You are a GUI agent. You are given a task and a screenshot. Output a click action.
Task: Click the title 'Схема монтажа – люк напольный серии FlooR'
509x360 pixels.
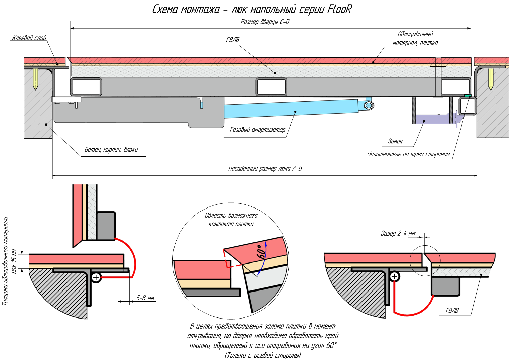[251, 9]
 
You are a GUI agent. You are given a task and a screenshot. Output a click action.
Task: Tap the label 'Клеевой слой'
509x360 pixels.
[29, 38]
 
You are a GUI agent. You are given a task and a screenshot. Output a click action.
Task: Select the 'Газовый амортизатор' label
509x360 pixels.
[257, 130]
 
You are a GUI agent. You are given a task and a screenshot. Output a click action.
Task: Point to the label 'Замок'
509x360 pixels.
[395, 141]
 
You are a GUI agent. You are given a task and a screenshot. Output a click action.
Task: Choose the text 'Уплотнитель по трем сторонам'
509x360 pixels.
[408, 154]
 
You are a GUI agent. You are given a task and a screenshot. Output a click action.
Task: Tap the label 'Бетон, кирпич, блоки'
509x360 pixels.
[111, 150]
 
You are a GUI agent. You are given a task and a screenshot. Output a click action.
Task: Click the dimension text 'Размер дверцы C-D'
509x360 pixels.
[265, 22]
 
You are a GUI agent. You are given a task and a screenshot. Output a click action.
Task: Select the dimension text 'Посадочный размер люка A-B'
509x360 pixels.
[265, 168]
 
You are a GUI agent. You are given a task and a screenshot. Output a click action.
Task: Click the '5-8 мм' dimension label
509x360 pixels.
[145, 298]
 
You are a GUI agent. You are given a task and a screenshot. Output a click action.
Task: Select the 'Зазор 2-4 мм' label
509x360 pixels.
[398, 233]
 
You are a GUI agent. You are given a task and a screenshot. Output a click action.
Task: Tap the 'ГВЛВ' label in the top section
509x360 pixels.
[233, 40]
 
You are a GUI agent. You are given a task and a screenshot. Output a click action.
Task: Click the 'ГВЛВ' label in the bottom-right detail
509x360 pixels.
[452, 311]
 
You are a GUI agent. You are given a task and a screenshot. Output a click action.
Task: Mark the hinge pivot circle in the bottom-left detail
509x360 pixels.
[96, 277]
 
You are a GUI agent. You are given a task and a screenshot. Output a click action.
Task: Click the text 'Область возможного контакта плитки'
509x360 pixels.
[231, 220]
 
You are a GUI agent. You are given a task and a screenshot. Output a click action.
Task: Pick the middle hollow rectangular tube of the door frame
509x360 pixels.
[271, 87]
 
